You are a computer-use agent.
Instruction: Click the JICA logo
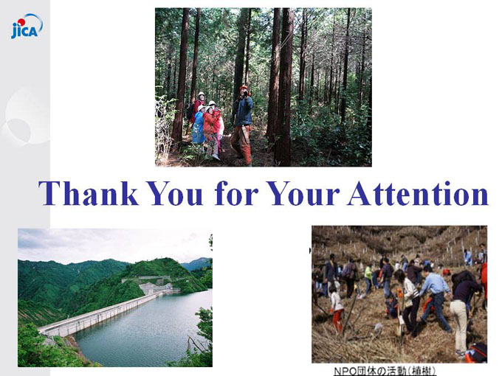[x=27, y=27]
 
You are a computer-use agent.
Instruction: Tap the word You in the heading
[x=175, y=193]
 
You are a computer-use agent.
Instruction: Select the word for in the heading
[x=236, y=193]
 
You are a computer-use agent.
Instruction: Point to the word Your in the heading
[x=303, y=193]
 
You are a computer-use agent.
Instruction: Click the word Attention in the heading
[x=418, y=193]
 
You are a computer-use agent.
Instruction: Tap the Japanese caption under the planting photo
[x=385, y=371]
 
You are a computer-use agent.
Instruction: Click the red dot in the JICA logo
[x=21, y=21]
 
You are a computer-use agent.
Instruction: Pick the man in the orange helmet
[x=242, y=125]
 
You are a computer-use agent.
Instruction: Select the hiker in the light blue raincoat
[x=198, y=126]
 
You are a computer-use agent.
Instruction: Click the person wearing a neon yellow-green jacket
[x=368, y=278]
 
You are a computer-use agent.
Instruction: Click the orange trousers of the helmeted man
[x=241, y=144]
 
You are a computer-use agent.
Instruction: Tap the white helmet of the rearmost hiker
[x=201, y=94]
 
